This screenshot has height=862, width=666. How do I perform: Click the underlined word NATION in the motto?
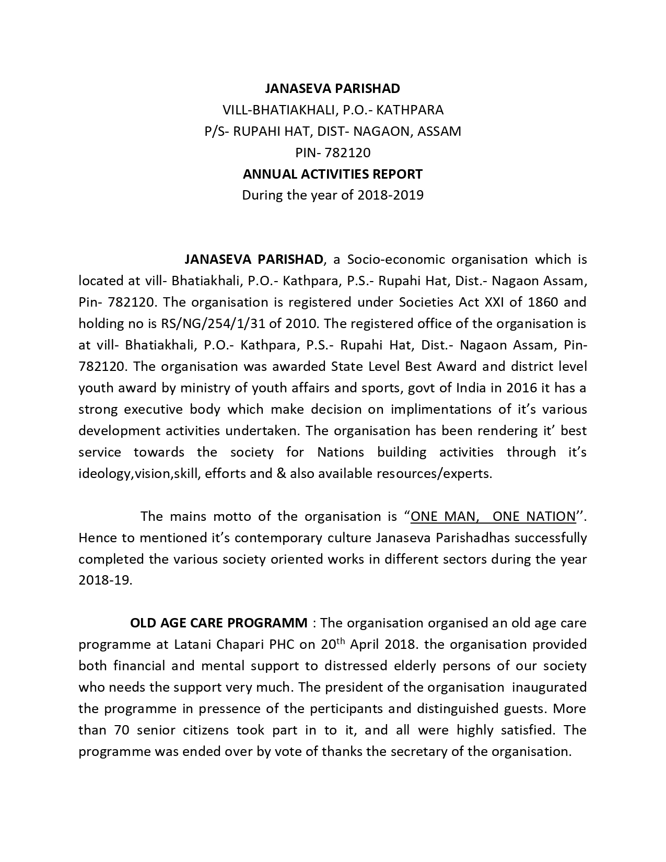[x=550, y=517]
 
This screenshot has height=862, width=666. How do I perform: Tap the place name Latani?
[x=197, y=645]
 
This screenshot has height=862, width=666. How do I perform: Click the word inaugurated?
[x=550, y=688]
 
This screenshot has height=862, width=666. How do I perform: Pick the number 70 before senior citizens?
[x=122, y=730]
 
